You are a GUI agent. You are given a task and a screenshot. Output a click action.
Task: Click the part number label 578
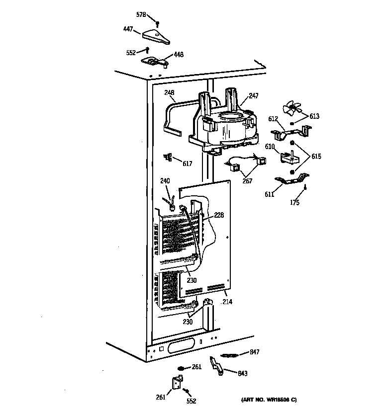[141, 15]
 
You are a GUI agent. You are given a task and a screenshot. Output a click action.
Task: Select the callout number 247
[254, 95]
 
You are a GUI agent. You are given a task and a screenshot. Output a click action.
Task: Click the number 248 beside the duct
[169, 92]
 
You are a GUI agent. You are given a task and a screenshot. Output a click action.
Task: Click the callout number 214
[227, 302]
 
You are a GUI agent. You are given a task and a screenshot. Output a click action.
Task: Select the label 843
[243, 373]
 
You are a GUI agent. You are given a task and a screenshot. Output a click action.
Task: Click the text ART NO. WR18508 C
[269, 400]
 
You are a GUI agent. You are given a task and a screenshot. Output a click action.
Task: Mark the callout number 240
[165, 181]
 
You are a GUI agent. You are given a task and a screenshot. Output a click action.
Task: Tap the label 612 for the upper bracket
[273, 119]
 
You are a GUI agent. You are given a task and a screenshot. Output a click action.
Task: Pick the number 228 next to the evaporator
[219, 215]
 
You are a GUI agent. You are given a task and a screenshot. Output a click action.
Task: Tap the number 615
[316, 157]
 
